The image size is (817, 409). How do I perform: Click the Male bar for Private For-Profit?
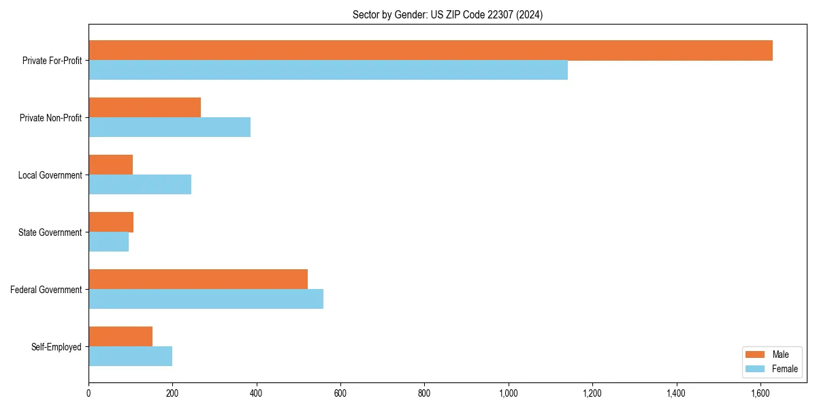point(430,50)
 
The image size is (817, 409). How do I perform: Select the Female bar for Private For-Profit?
point(328,70)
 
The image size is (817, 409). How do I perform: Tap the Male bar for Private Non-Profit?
point(144,108)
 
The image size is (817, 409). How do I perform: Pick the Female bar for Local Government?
point(140,185)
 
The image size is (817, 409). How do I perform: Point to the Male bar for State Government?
point(111,222)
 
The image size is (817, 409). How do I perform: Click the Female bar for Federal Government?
point(206,299)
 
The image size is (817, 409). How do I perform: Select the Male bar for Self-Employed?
point(121,337)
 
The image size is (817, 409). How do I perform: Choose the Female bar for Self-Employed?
point(130,357)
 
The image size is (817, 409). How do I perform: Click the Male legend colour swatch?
point(756,354)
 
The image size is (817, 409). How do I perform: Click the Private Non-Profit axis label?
point(50,118)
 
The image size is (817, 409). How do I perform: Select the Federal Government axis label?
point(46,290)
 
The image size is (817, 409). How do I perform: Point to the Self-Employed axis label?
point(57,347)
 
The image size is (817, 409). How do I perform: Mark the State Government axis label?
point(50,232)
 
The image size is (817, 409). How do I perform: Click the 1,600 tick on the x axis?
point(760,393)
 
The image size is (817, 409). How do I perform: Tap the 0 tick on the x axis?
point(89,393)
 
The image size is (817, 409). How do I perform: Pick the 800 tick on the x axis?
point(424,393)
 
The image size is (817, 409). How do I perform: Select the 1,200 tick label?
point(592,393)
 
